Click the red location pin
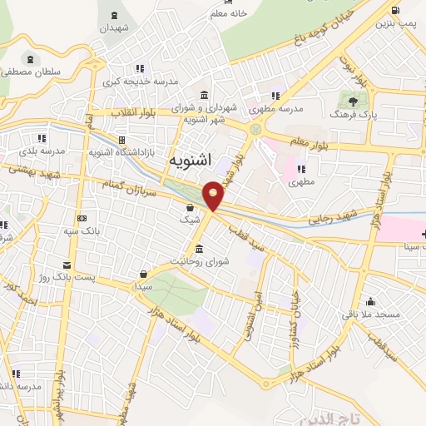click(x=214, y=195)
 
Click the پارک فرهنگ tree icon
click(x=353, y=101)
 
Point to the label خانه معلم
click(x=228, y=13)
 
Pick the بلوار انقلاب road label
click(x=131, y=111)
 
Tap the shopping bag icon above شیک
click(x=191, y=207)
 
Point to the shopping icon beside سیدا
click(x=144, y=272)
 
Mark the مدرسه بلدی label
click(x=39, y=152)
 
